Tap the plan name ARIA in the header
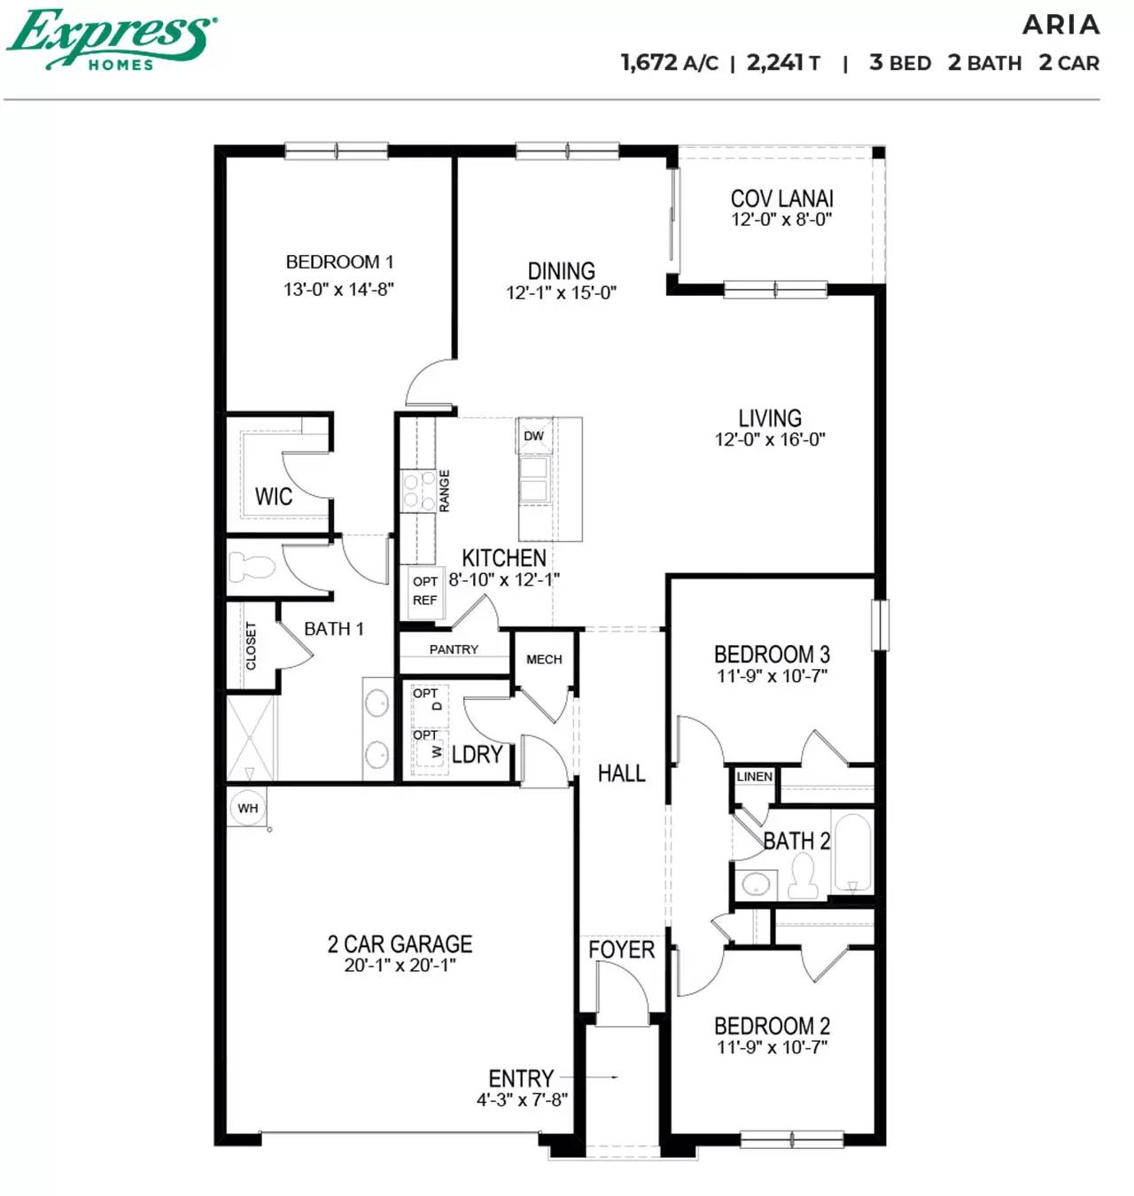tap(1060, 25)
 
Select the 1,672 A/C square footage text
tap(669, 63)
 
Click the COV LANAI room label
tap(781, 198)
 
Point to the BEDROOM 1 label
tap(339, 262)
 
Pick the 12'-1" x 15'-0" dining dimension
tap(561, 293)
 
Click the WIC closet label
tap(273, 496)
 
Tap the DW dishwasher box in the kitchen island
tap(534, 436)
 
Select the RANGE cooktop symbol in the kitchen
tap(413, 491)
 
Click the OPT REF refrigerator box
tap(424, 591)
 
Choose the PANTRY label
tap(454, 649)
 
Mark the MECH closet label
tap(544, 659)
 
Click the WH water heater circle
tap(248, 808)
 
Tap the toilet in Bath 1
tap(252, 566)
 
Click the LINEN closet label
tap(755, 776)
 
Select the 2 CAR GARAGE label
tap(400, 944)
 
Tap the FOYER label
tap(621, 950)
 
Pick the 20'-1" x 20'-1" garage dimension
tap(400, 966)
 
